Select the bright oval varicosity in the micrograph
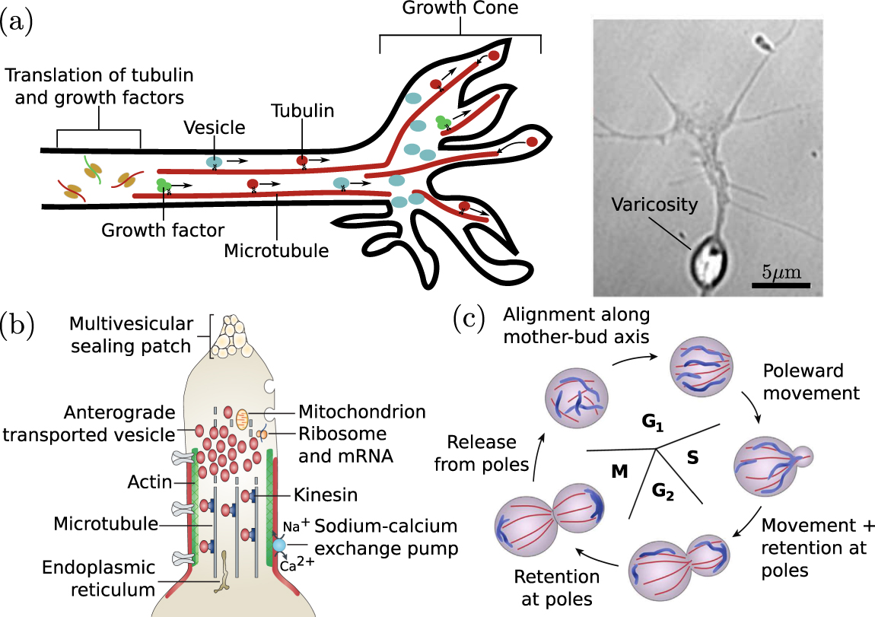click(x=711, y=261)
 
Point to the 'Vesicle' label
click(x=214, y=128)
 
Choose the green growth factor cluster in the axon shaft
click(x=162, y=185)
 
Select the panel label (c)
click(x=469, y=319)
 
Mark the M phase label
click(x=620, y=472)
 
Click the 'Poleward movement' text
click(x=810, y=382)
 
